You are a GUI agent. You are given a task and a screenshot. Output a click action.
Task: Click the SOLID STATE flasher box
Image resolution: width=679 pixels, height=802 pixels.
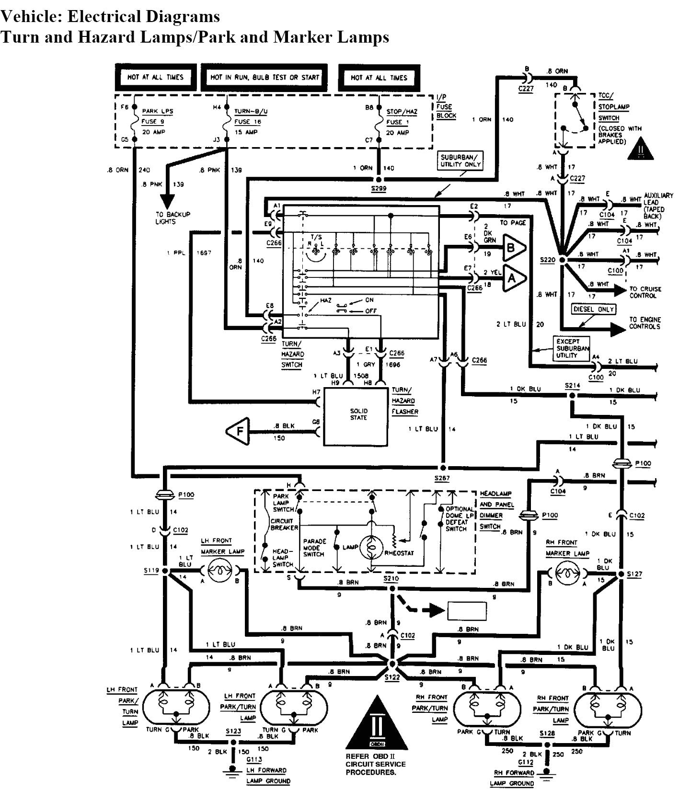pos(357,416)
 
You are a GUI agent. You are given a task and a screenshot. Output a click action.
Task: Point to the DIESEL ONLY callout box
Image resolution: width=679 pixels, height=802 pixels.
pos(593,309)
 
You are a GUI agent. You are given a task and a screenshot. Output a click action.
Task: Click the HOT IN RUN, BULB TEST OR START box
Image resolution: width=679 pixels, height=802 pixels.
pos(265,77)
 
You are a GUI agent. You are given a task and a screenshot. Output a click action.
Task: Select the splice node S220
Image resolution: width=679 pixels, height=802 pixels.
pos(563,260)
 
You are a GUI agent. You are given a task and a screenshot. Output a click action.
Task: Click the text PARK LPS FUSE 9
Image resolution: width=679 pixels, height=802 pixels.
pos(157,116)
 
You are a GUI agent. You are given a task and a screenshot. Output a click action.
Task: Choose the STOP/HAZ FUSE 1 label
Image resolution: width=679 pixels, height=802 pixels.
pos(402,116)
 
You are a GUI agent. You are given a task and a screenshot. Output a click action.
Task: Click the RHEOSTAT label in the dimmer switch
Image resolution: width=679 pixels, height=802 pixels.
pos(400,553)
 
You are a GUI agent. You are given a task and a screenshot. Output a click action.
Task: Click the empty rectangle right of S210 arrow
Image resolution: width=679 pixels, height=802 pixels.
pos(467,610)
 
